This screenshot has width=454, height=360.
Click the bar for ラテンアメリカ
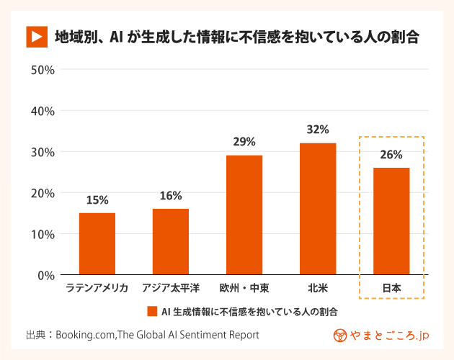(x=97, y=244)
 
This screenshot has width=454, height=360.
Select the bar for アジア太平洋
(x=171, y=242)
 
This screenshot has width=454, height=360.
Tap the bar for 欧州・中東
(x=244, y=215)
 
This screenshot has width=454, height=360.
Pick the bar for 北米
(x=318, y=209)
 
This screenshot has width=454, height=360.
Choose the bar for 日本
(x=391, y=221)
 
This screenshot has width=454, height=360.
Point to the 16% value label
(x=171, y=196)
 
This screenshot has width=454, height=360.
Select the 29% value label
(x=244, y=142)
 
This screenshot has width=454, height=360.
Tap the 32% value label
(x=318, y=130)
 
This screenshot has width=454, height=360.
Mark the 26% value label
(x=391, y=154)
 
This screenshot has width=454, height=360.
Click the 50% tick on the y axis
(x=43, y=70)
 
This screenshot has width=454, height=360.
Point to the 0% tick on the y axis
(x=46, y=275)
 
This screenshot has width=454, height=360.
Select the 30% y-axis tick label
(x=43, y=152)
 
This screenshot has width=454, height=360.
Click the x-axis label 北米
(x=318, y=289)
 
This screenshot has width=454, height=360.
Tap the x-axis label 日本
(x=391, y=289)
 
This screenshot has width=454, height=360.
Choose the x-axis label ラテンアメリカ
(x=97, y=289)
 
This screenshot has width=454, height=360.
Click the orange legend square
(x=152, y=312)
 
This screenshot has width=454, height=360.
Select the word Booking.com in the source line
(x=85, y=335)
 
